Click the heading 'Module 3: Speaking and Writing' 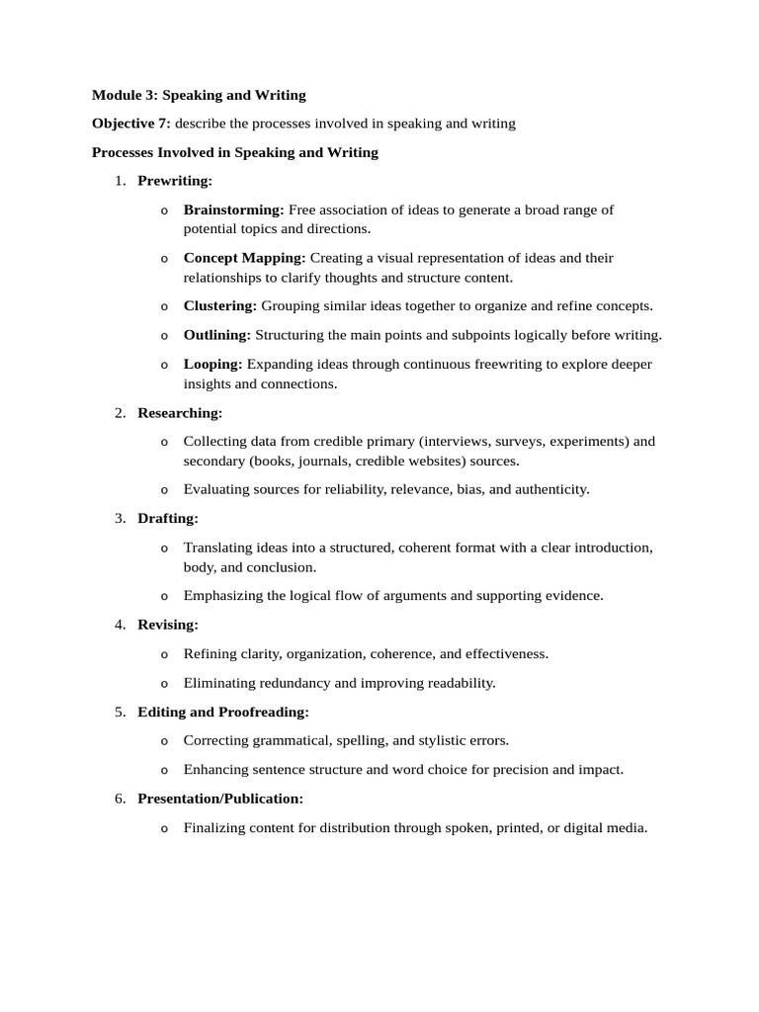[199, 95]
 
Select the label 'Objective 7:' [131, 124]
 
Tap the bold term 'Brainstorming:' [234, 210]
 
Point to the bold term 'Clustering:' [220, 306]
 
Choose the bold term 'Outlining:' [217, 335]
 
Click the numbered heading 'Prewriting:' [175, 181]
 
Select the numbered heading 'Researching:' [180, 412]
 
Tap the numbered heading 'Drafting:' [168, 518]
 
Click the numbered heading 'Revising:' [168, 625]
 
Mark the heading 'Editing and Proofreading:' [223, 712]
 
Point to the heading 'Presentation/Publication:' [220, 799]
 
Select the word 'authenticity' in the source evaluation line [548, 489]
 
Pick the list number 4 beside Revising [120, 625]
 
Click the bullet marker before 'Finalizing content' [164, 829]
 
